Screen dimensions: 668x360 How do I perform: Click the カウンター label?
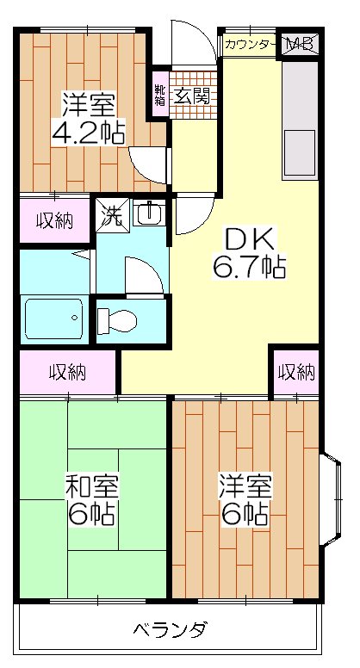click(x=250, y=44)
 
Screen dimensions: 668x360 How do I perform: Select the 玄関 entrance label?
click(x=190, y=96)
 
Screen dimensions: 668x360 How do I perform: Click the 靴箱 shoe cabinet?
click(x=160, y=96)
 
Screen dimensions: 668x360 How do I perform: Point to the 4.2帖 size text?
click(x=89, y=133)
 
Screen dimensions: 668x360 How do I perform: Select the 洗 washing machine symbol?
click(x=113, y=214)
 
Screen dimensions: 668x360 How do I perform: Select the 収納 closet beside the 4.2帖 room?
click(x=54, y=220)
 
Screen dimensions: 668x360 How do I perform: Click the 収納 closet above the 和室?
click(x=67, y=373)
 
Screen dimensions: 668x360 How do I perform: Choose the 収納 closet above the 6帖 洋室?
click(x=296, y=373)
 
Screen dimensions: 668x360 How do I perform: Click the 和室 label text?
click(x=92, y=487)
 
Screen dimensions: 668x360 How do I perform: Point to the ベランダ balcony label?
click(x=170, y=630)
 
